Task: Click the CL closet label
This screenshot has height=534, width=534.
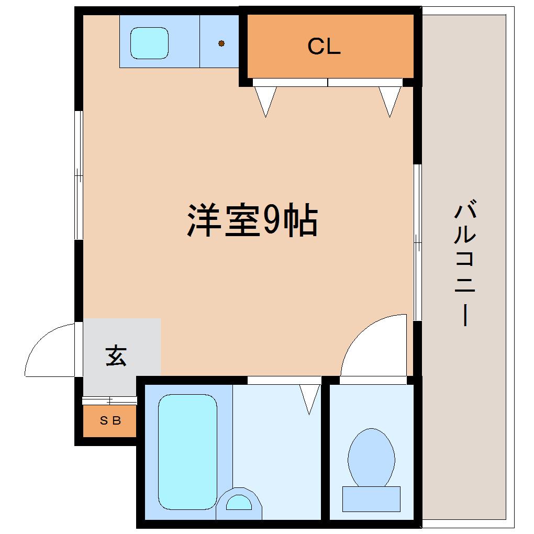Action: coord(324,46)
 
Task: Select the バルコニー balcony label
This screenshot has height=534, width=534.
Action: coord(465,263)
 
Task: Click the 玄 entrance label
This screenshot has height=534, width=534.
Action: coord(116,356)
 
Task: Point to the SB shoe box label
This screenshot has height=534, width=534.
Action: coord(110,421)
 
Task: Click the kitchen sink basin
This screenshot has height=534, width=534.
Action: coord(150,43)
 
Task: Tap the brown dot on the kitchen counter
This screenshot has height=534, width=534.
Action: coord(221,43)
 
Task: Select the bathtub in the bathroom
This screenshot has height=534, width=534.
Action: coord(187,452)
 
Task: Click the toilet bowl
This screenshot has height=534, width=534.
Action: coord(371,458)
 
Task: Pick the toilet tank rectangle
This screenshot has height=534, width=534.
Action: coord(371,499)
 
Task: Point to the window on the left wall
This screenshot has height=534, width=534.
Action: coord(79,175)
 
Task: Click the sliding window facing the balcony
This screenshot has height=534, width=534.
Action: coord(418,242)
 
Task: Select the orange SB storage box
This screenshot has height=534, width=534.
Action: coord(109,421)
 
